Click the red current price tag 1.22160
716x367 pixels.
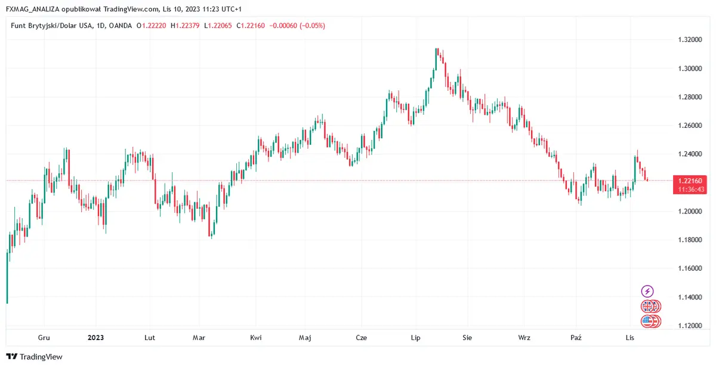pos(689,180)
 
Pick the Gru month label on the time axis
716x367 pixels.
pos(44,338)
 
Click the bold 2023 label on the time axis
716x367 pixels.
pos(95,338)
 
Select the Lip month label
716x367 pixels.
pos(416,338)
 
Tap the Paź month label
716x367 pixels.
pos(576,338)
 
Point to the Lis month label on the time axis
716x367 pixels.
pos(629,338)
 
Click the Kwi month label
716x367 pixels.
pos(256,338)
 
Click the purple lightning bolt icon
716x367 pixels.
pos(647,291)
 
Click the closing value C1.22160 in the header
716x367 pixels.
pos(251,26)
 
